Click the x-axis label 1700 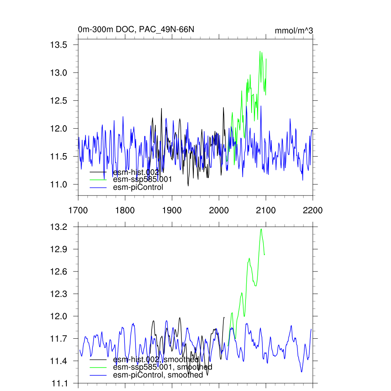(78, 210)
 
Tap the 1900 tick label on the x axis (172, 210)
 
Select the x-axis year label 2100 (266, 210)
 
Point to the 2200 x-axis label (313, 210)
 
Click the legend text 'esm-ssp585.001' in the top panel (142, 179)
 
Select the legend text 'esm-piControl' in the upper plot (138, 187)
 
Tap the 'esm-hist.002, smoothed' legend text (156, 359)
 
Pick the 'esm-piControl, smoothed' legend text (158, 375)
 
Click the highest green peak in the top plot (260, 51)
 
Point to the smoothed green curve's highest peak (261, 229)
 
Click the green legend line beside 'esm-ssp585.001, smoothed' (98, 367)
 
